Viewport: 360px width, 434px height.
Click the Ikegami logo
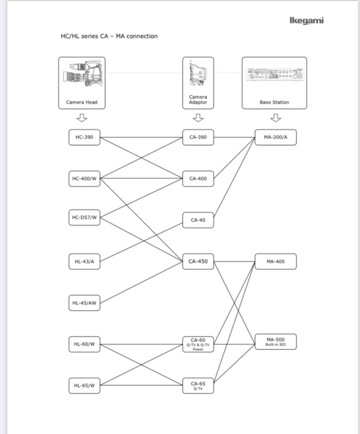coord(306,21)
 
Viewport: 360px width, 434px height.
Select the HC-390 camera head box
coord(84,137)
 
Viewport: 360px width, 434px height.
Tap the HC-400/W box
coord(84,179)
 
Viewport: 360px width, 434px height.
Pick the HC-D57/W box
coord(84,217)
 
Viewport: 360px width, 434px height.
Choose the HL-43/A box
coord(84,261)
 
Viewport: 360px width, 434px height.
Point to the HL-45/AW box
coord(84,303)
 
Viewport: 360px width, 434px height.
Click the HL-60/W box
coord(84,344)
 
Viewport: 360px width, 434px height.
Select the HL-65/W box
coord(84,386)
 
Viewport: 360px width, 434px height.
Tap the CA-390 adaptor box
coord(198,137)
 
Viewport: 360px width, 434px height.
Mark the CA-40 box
coord(198,220)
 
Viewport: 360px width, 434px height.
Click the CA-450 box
coord(198,261)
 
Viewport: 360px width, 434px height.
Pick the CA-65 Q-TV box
coord(198,386)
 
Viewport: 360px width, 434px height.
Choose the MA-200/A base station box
coord(276,137)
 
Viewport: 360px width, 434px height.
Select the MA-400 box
coord(276,261)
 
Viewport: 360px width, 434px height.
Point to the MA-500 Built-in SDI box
coord(276,342)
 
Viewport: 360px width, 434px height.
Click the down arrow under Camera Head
coord(82,118)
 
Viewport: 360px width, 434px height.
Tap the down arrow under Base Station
coord(276,118)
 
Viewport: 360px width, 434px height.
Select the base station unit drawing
coord(275,75)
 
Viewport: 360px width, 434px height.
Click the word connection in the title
coord(142,36)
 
